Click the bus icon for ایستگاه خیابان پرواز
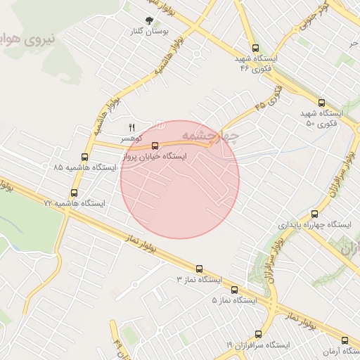(x=155, y=146)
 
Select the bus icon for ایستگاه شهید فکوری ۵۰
(x=321, y=103)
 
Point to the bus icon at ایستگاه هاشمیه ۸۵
(x=84, y=157)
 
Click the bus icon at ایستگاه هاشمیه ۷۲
(x=75, y=192)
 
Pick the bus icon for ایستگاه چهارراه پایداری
(x=314, y=214)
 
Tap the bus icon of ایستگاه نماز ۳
(x=199, y=269)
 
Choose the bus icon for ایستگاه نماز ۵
(x=234, y=289)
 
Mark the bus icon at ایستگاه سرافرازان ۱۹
(x=258, y=334)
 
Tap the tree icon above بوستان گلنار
(x=148, y=20)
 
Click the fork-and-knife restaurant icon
(x=131, y=127)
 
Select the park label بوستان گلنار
(x=148, y=32)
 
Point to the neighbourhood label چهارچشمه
(x=210, y=132)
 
